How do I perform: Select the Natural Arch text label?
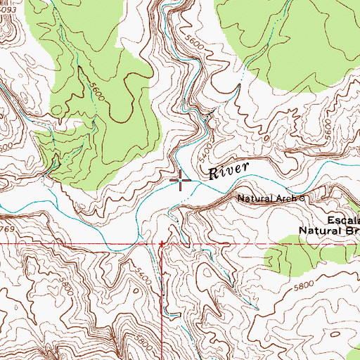[x=268, y=198]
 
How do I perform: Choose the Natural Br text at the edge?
[x=329, y=229]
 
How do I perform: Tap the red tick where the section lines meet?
[x=162, y=244]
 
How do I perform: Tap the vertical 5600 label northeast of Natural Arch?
[x=326, y=129]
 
